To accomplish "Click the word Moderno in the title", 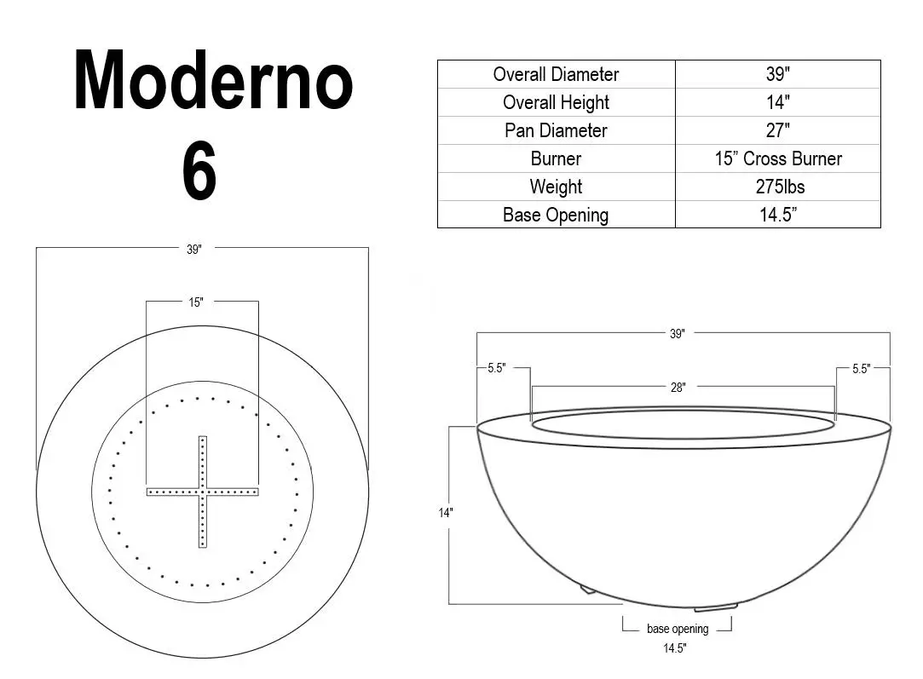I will pyautogui.click(x=213, y=83).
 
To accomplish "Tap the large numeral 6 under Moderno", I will pyautogui.click(x=199, y=173).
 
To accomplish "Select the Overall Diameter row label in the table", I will pyautogui.click(x=556, y=74).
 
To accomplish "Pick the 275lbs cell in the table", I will pyautogui.click(x=777, y=187).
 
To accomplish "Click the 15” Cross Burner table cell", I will pyautogui.click(x=777, y=158).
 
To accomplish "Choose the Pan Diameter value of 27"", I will pyautogui.click(x=777, y=130).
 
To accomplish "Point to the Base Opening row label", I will pyautogui.click(x=556, y=215).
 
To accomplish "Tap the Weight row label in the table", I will pyautogui.click(x=556, y=187).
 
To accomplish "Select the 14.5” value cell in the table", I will pyautogui.click(x=777, y=215).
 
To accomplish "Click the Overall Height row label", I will pyautogui.click(x=556, y=102).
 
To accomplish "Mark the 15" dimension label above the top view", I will pyautogui.click(x=196, y=302).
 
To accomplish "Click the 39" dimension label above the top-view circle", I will pyautogui.click(x=194, y=250).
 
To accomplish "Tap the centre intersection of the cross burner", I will pyautogui.click(x=203, y=492).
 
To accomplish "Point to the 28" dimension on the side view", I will pyautogui.click(x=678, y=388).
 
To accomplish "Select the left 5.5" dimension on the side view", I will pyautogui.click(x=496, y=369).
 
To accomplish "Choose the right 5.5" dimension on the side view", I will pyautogui.click(x=861, y=369).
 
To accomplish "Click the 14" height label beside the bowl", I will pyautogui.click(x=446, y=513).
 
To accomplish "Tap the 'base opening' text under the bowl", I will pyautogui.click(x=678, y=629).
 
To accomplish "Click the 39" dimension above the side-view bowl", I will pyautogui.click(x=677, y=335).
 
